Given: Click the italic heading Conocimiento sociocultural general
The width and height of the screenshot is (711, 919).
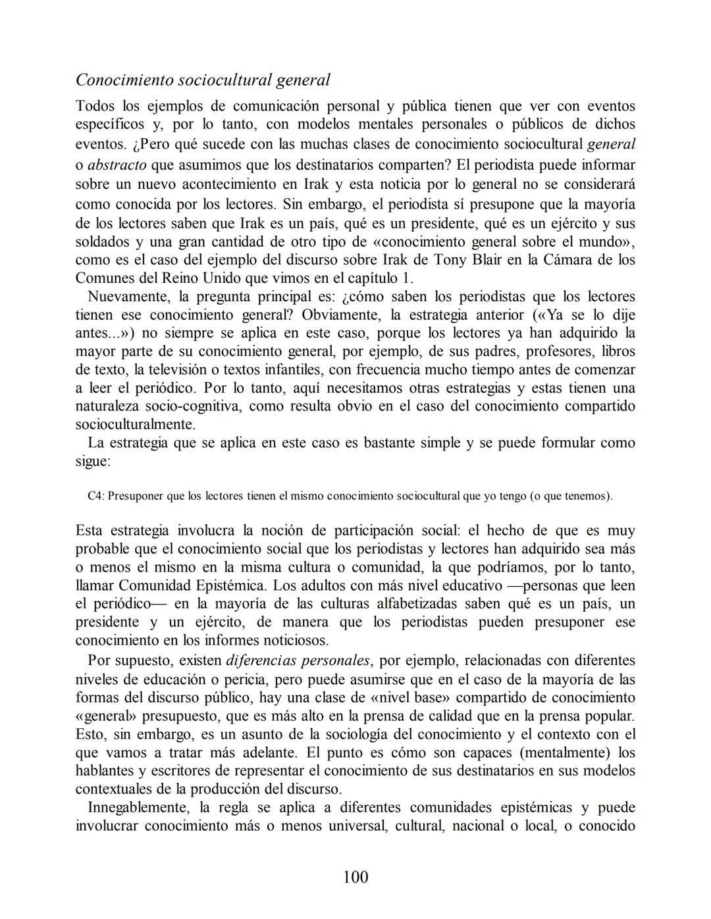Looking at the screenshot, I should [203, 80].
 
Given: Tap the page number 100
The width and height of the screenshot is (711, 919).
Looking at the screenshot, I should [355, 877].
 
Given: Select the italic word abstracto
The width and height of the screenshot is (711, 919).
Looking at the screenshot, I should [117, 164].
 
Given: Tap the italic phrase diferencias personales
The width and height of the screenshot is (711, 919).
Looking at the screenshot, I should [298, 660].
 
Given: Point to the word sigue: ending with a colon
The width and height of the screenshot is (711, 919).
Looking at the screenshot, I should [93, 461].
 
